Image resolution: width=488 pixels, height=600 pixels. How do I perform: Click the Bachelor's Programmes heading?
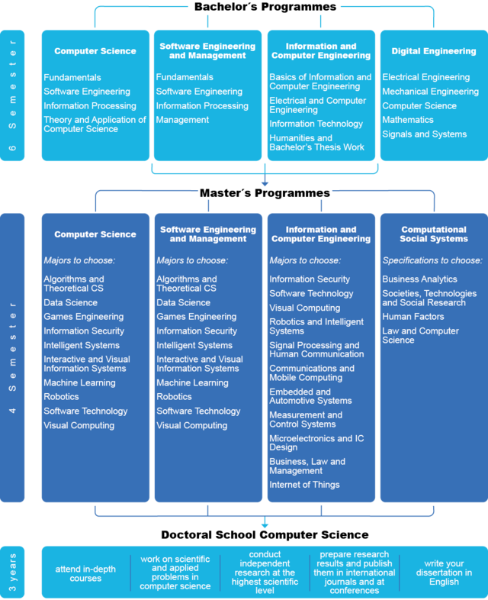[265, 7]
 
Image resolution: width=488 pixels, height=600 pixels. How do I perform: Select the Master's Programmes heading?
[265, 193]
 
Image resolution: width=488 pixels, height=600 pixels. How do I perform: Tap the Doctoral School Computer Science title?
[265, 534]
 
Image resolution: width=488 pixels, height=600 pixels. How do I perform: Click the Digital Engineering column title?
[434, 51]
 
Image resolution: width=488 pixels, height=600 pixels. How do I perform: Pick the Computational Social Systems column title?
[434, 234]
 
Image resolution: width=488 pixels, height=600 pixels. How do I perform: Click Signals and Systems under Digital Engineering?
[425, 134]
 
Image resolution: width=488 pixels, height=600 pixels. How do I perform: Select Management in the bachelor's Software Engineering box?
[182, 120]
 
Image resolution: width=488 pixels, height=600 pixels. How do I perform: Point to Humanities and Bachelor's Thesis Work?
[316, 142]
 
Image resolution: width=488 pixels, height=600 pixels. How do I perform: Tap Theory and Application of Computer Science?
[95, 124]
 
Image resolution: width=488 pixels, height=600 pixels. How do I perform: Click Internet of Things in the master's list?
[304, 485]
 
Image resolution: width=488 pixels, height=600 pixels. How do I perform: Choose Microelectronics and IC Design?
[316, 443]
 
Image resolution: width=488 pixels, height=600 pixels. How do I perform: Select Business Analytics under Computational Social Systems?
[419, 279]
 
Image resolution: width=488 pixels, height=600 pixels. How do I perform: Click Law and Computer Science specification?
[420, 335]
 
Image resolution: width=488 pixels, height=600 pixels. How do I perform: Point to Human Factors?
[413, 317]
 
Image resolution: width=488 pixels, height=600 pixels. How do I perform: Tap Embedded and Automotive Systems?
[310, 396]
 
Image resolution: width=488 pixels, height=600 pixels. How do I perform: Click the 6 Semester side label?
[12, 95]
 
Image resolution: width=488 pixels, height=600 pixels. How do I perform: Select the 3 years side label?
[12, 572]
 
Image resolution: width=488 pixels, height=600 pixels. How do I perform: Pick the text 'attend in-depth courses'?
[85, 573]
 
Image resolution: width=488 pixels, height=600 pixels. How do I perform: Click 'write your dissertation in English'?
[444, 573]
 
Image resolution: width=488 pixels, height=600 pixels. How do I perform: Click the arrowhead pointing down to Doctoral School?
[265, 526]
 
